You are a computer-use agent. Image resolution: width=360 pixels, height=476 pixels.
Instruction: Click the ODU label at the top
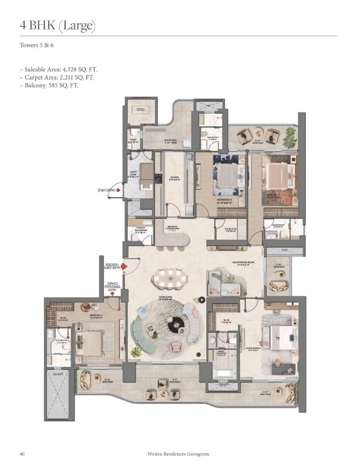141,109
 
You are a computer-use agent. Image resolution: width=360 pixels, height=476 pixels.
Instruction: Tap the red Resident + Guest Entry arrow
125,267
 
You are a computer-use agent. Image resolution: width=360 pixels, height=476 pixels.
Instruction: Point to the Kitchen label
174,178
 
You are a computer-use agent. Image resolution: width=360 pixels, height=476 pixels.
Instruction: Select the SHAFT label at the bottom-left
58,375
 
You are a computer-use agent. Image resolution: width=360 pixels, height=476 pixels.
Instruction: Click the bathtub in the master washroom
223,372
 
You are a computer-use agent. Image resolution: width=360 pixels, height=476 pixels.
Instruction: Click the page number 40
22,454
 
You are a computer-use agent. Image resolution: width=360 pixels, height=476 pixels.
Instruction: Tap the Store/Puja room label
227,230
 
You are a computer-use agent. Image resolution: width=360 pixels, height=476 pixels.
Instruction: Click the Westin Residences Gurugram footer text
178,454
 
